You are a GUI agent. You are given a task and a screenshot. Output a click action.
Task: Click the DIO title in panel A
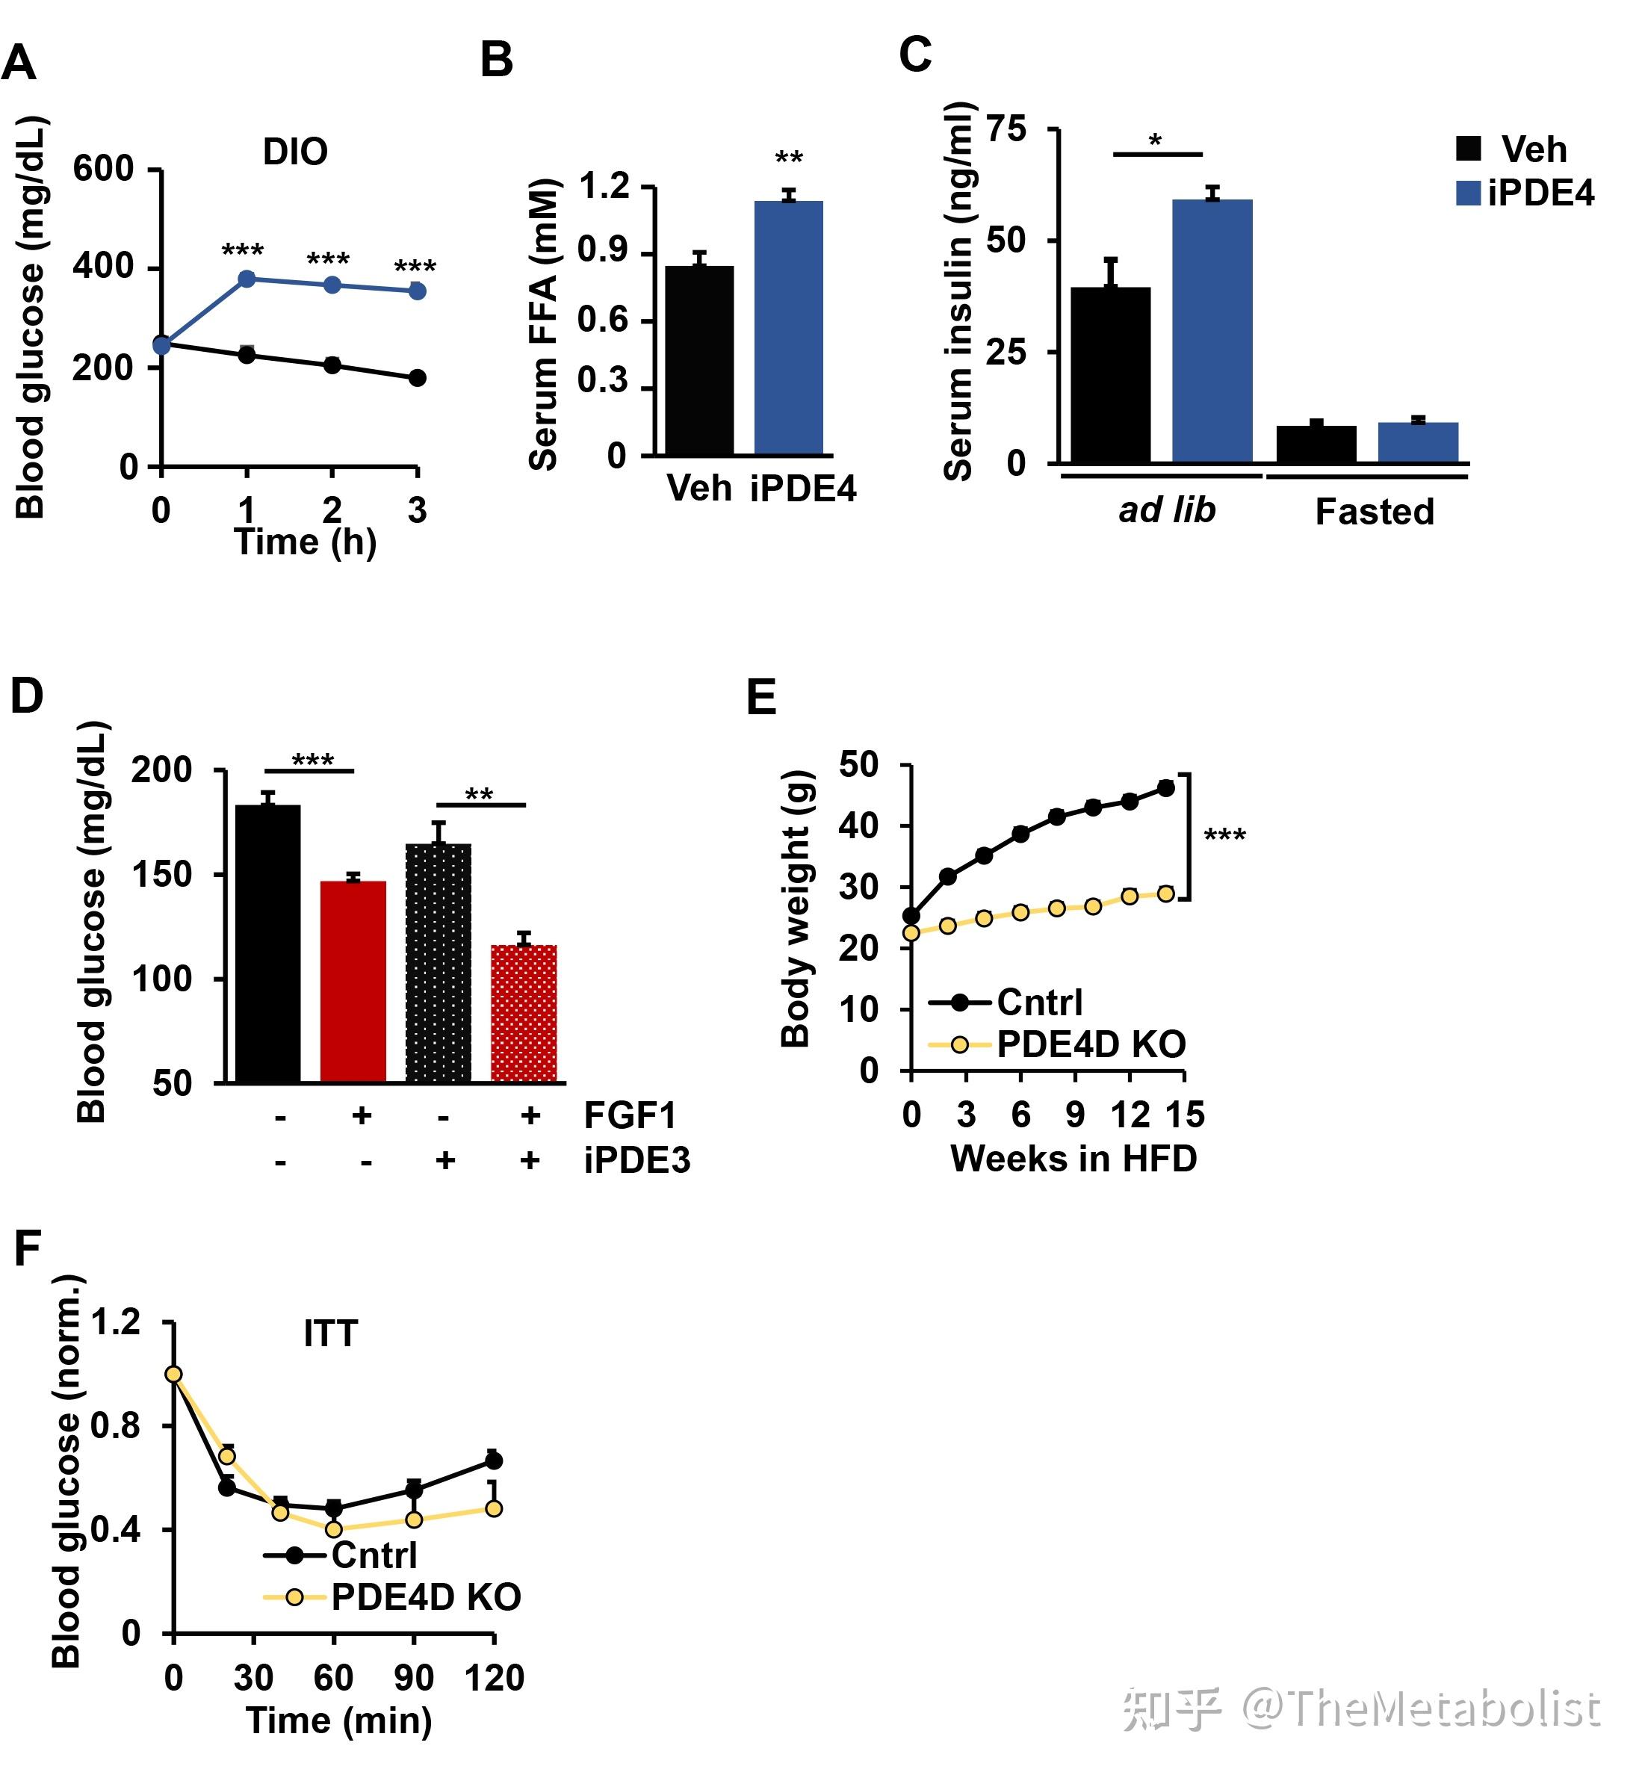click(x=295, y=152)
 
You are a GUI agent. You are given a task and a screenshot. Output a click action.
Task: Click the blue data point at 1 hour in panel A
click(x=247, y=279)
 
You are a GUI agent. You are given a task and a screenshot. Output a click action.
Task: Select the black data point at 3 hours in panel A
click(x=418, y=377)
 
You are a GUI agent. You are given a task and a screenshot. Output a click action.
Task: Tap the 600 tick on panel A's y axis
click(x=103, y=168)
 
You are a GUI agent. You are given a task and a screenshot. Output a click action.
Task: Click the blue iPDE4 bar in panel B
click(x=788, y=328)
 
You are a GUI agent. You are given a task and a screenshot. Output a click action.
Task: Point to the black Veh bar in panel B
click(x=699, y=360)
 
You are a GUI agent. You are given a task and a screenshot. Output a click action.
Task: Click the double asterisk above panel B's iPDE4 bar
click(x=789, y=159)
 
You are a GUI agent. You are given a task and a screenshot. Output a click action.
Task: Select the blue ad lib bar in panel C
click(x=1212, y=330)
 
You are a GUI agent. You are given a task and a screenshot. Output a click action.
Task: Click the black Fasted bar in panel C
click(x=1316, y=444)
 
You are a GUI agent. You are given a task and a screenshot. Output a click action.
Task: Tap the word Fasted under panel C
click(x=1374, y=512)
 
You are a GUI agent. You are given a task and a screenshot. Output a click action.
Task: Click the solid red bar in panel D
click(x=353, y=981)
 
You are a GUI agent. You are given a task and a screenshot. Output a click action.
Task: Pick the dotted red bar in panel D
click(x=524, y=1013)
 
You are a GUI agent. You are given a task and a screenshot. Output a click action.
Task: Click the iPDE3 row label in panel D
click(x=636, y=1160)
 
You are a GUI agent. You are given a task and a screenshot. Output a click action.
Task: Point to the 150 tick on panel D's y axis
click(x=163, y=874)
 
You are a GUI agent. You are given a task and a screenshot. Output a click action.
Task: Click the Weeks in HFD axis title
click(x=1074, y=1159)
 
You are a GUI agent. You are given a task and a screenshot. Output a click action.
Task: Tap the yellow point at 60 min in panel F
click(x=334, y=1530)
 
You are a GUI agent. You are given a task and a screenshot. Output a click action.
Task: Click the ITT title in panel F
click(x=330, y=1333)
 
